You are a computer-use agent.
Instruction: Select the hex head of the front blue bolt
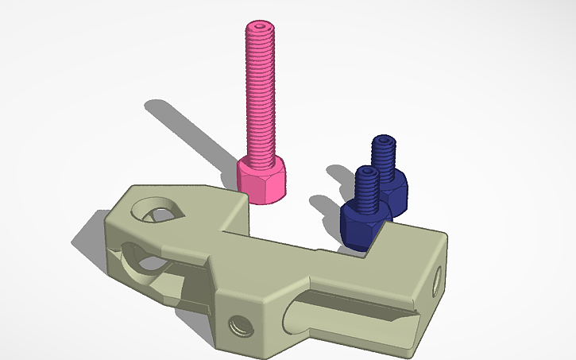tap(361, 225)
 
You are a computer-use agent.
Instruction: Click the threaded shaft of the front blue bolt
tap(366, 189)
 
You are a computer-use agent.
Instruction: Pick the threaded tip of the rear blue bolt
tap(385, 143)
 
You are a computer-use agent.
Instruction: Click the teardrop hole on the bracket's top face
tap(157, 212)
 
